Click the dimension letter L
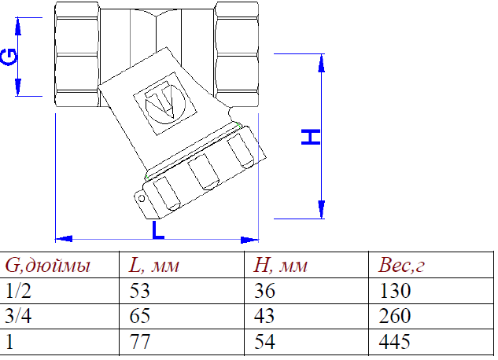pos(158,229)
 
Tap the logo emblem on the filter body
pos(163,102)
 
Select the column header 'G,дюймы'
pos(48,265)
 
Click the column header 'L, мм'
pos(154,265)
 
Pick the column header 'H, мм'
pos(282,265)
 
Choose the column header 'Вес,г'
pos(401,265)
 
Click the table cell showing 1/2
pos(19,291)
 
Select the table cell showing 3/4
pos(19,317)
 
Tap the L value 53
pos(138,291)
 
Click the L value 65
pos(138,317)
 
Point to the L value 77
pos(138,343)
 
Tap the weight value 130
pos(394,291)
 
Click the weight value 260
pos(394,317)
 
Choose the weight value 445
pos(394,343)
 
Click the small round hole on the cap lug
pos(142,198)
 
